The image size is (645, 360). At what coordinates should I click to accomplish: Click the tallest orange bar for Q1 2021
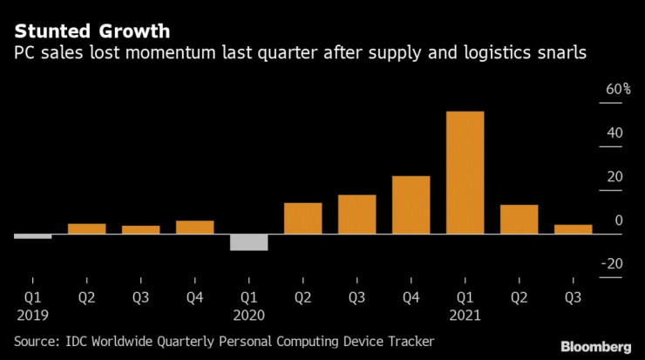pyautogui.click(x=465, y=173)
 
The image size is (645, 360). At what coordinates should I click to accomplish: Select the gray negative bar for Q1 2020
pyautogui.click(x=248, y=242)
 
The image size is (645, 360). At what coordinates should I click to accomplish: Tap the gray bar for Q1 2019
pyautogui.click(x=32, y=236)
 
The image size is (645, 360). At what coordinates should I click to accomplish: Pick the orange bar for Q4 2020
pyautogui.click(x=411, y=205)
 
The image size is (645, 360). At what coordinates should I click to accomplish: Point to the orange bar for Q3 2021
pyautogui.click(x=573, y=229)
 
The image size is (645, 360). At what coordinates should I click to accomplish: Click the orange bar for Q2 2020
pyautogui.click(x=302, y=218)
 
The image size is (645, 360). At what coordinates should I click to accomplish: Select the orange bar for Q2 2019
pyautogui.click(x=86, y=228)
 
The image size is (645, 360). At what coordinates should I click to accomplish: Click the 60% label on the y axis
pyautogui.click(x=607, y=90)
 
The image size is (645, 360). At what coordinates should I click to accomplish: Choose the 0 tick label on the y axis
pyautogui.click(x=618, y=221)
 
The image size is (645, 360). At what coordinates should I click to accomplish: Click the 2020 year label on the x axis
pyautogui.click(x=248, y=315)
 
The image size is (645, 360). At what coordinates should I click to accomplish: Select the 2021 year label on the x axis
pyautogui.click(x=465, y=315)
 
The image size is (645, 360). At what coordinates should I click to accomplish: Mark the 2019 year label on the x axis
pyautogui.click(x=32, y=315)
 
